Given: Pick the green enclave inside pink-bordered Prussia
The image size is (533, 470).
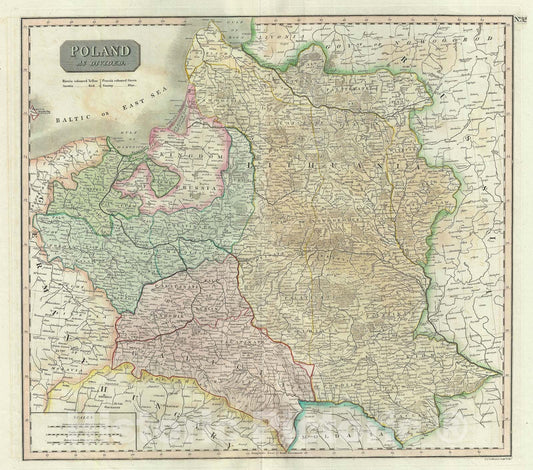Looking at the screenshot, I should [x=157, y=178].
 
